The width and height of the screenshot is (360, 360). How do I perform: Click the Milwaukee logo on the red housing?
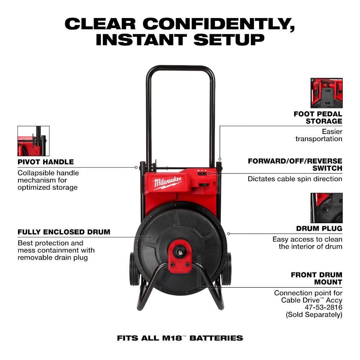168,183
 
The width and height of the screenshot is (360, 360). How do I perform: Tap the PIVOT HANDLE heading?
46,162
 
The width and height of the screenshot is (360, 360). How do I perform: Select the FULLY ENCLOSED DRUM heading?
64,232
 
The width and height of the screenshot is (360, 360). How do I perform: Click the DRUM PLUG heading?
319,229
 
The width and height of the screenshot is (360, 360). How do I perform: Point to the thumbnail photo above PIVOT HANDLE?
33,141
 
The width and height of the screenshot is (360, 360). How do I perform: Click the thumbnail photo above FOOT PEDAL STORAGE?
327,93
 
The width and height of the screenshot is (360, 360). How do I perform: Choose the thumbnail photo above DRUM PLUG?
327,208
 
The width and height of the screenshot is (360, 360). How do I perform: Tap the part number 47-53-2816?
324,307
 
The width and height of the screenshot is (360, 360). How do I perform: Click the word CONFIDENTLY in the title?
219,24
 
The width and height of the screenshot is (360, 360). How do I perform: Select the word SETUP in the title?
229,40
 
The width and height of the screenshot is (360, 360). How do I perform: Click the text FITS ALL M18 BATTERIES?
180,338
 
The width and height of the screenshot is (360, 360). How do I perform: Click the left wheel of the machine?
134,269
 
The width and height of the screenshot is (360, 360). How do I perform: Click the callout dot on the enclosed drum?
150,237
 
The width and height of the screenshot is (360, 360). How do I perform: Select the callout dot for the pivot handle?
136,167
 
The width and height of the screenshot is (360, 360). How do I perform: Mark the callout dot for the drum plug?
229,234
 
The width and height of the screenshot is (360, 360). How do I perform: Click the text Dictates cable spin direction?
295,179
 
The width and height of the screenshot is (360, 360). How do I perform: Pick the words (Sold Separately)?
314,315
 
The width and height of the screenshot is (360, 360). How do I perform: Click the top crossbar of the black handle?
180,68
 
